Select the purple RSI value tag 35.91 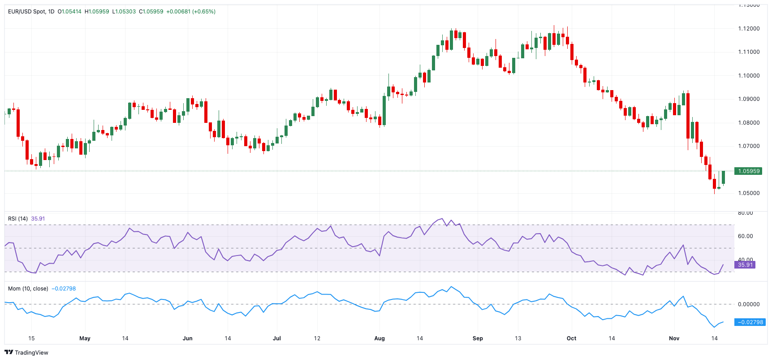click(x=745, y=265)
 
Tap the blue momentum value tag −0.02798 click(x=750, y=322)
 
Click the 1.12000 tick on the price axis click(x=749, y=29)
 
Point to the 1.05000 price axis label click(x=749, y=193)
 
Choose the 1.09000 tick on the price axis click(x=749, y=99)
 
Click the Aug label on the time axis click(x=380, y=338)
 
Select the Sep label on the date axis click(x=478, y=338)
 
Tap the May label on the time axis click(x=85, y=338)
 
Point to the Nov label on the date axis click(x=674, y=338)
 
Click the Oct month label click(x=571, y=338)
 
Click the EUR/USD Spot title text click(x=27, y=12)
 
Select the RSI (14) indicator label click(x=18, y=219)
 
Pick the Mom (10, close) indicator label click(x=28, y=289)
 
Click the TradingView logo click(x=26, y=352)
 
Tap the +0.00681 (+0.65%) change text click(x=191, y=12)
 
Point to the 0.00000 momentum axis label click(x=749, y=304)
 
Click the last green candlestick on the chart click(x=723, y=177)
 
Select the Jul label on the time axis click(x=277, y=338)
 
